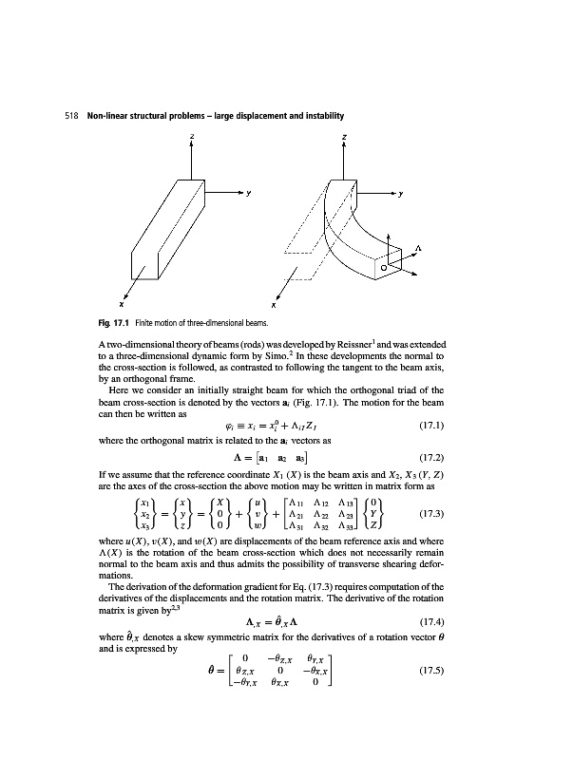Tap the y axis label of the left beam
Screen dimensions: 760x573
tap(250, 195)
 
